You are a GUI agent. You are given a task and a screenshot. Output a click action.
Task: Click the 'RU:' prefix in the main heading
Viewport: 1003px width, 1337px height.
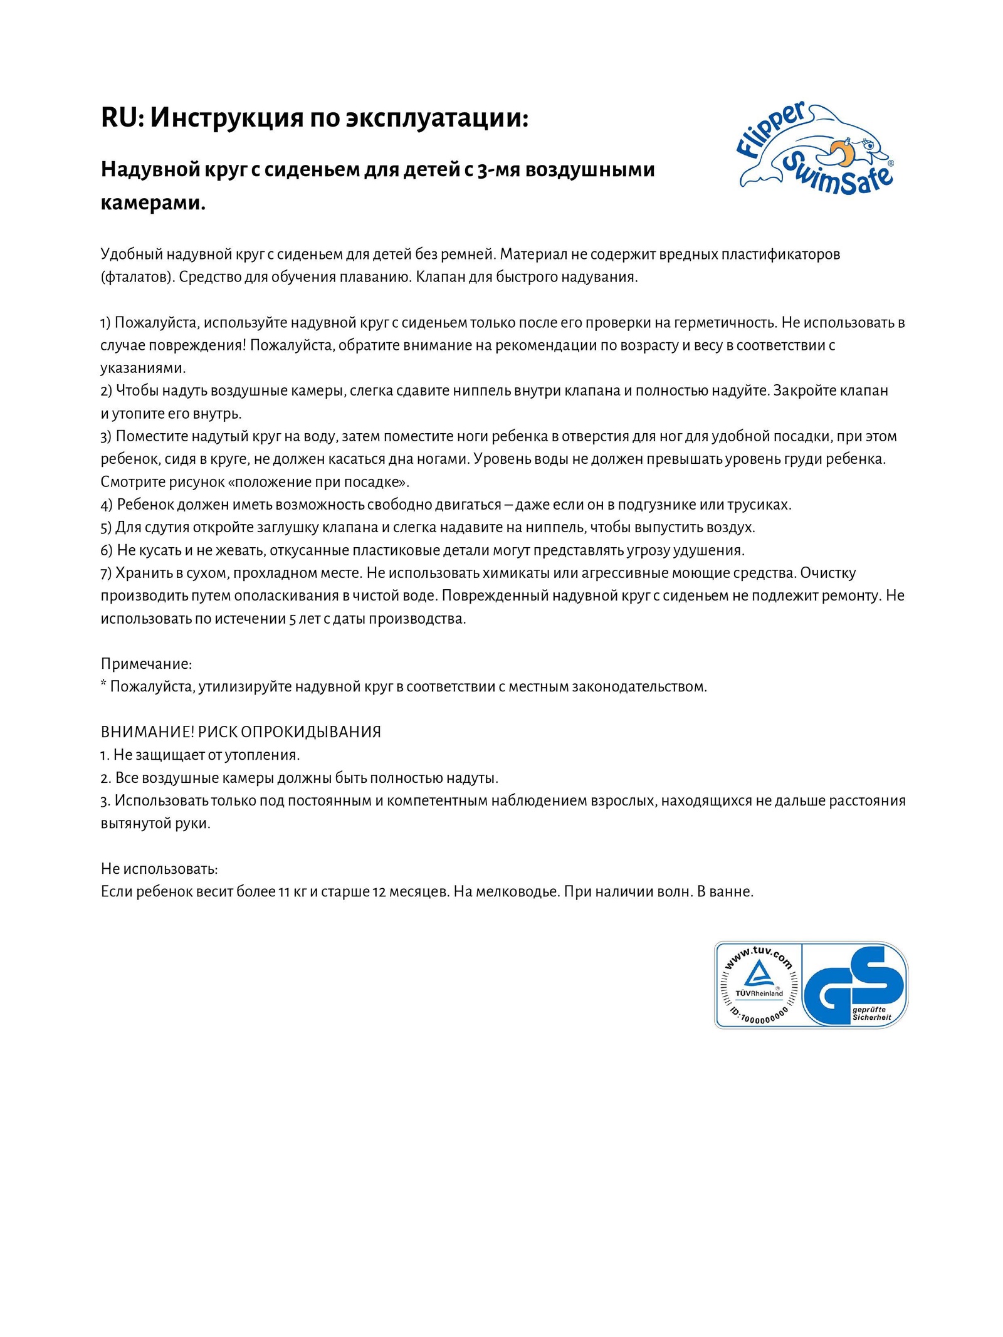[122, 118]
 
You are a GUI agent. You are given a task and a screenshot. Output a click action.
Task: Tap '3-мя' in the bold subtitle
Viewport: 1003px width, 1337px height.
[499, 169]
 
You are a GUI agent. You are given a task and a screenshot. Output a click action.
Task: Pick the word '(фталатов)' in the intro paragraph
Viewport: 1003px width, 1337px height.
[137, 277]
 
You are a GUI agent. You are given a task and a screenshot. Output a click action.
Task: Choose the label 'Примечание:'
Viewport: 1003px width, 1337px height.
[146, 664]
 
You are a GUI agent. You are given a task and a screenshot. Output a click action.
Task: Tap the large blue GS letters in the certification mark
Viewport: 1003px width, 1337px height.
[853, 983]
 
